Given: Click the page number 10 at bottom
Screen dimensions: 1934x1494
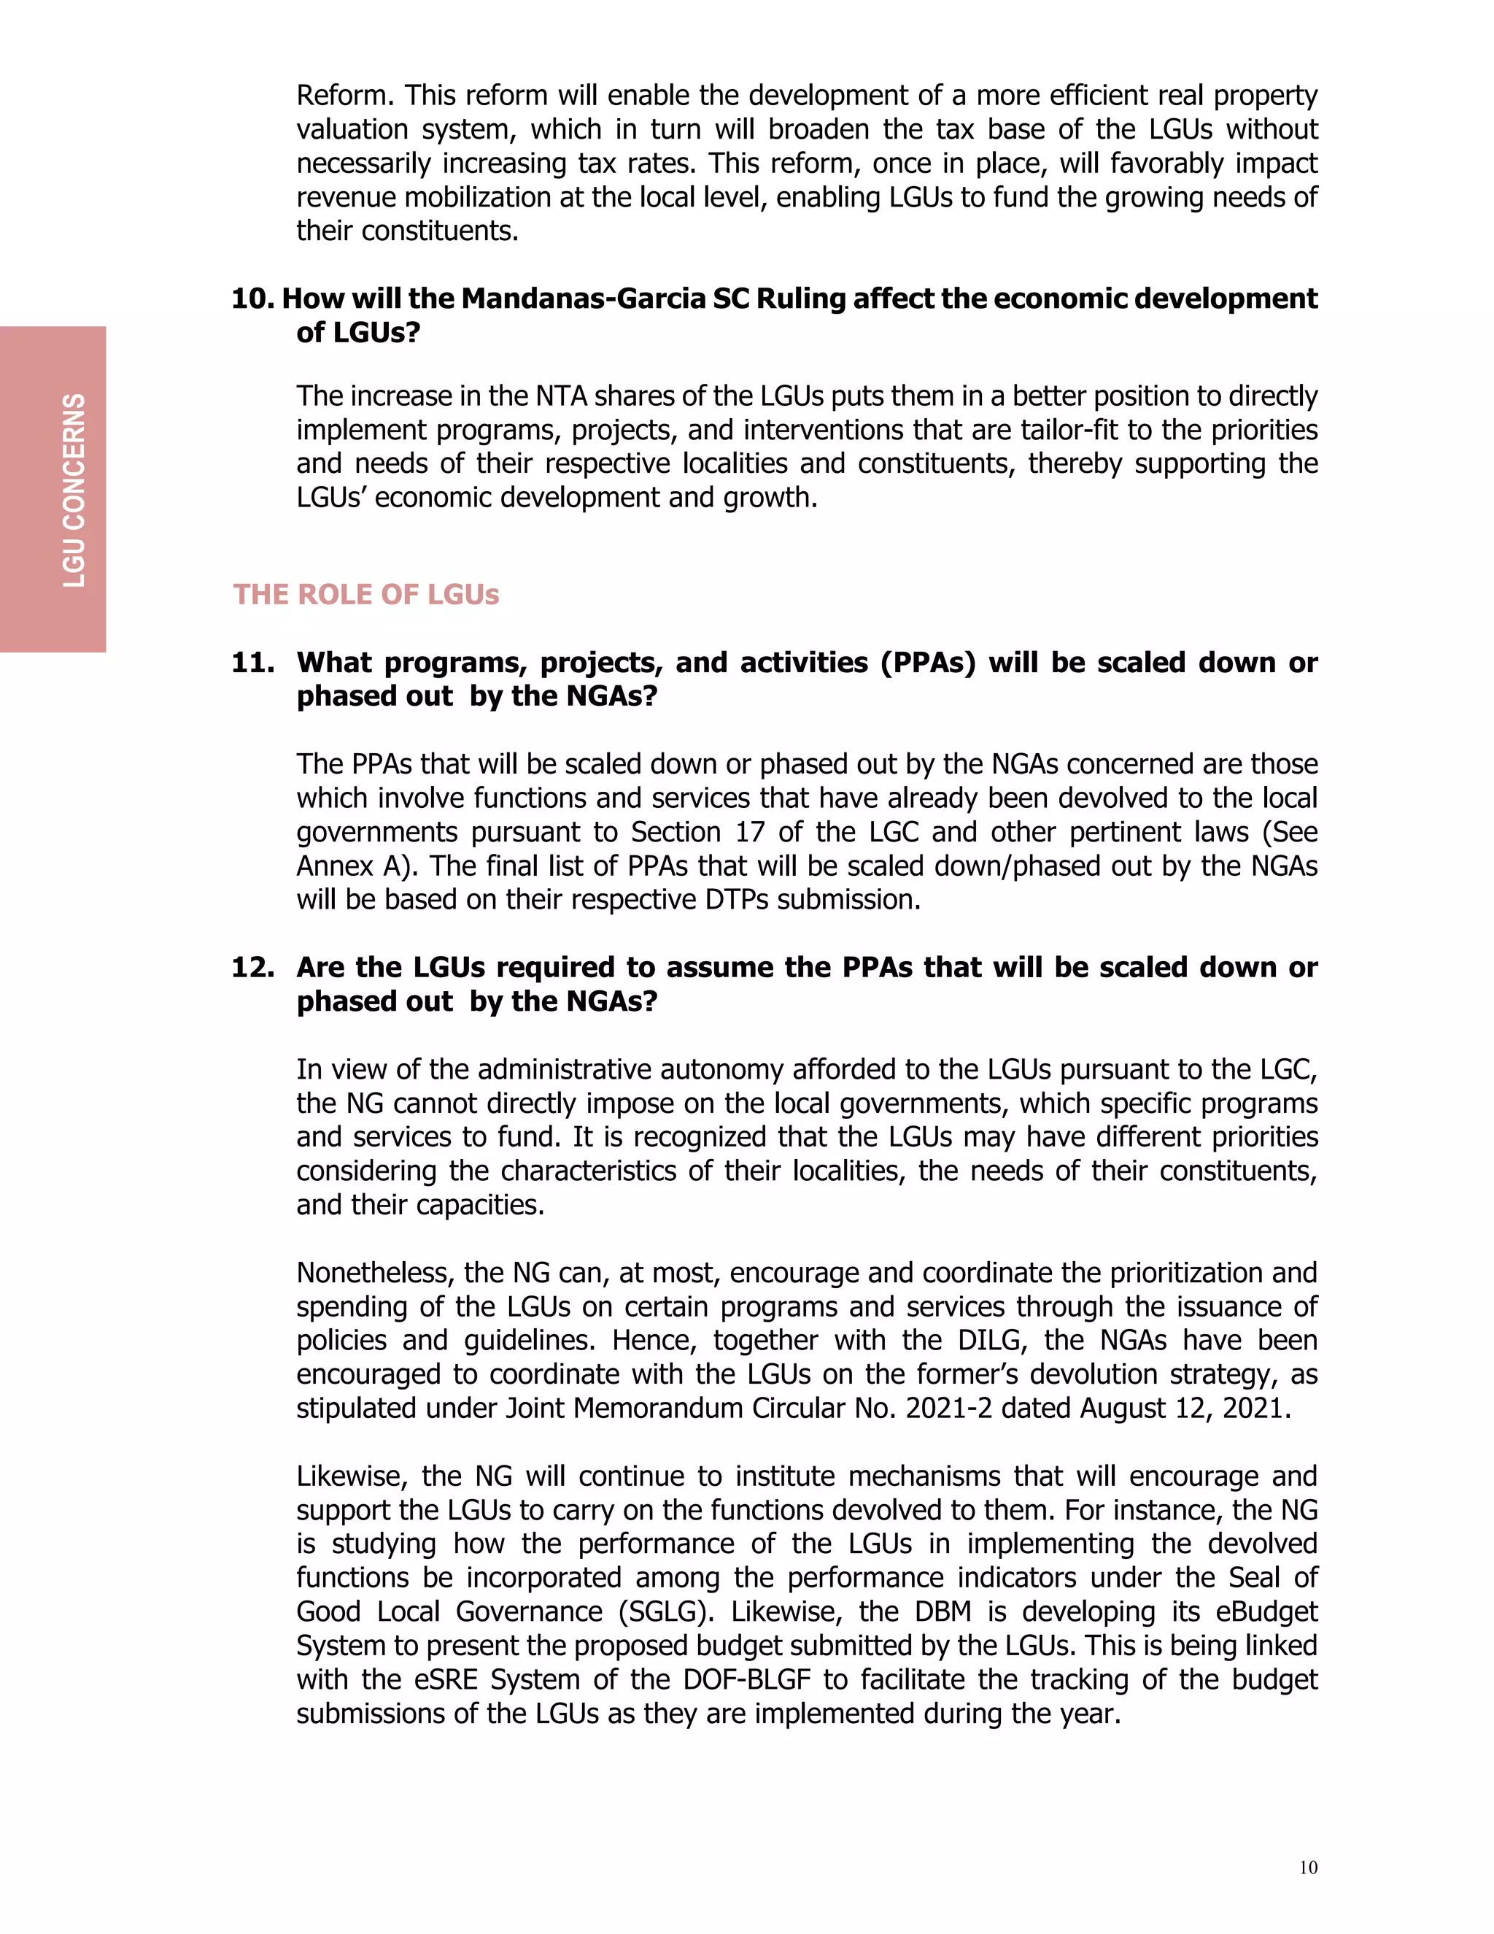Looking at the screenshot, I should click(1308, 1868).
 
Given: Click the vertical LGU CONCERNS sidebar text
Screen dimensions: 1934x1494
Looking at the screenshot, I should click(74, 490).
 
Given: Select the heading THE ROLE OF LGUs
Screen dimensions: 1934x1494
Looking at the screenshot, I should click(365, 594).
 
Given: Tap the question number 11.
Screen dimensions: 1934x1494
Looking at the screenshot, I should click(252, 663).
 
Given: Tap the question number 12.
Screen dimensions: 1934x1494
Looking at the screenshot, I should click(252, 967).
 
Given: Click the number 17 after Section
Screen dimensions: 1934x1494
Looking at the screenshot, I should click(751, 833).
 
